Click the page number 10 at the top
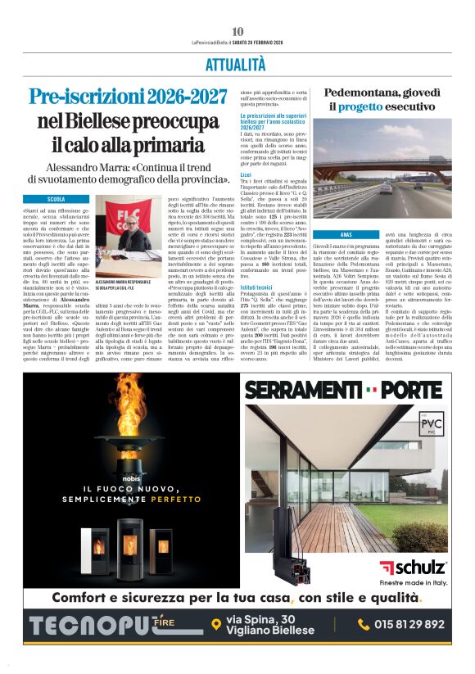click(x=237, y=31)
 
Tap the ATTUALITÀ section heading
click(x=237, y=65)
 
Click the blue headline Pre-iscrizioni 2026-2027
click(x=129, y=97)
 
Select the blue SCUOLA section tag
click(x=57, y=199)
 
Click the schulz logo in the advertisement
click(x=413, y=567)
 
